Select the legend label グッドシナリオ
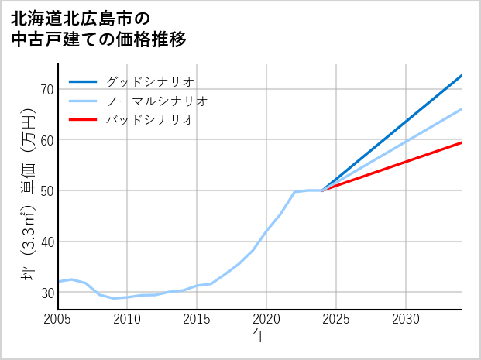(x=149, y=81)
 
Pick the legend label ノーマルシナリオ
(x=156, y=101)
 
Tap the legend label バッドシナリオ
(x=149, y=120)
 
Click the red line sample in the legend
(x=83, y=120)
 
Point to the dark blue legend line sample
(x=83, y=81)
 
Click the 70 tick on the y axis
(x=46, y=89)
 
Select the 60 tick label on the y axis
(x=46, y=140)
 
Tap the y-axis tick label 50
(x=46, y=190)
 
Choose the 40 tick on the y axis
(x=46, y=242)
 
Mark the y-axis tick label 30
(x=46, y=293)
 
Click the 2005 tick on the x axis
(x=58, y=319)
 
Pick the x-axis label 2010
(x=127, y=319)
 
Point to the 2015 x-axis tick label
(x=197, y=319)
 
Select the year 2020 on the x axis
(x=266, y=319)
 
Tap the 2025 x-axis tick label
(x=336, y=319)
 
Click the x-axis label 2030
(x=406, y=319)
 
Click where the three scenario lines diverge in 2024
(x=322, y=190)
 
